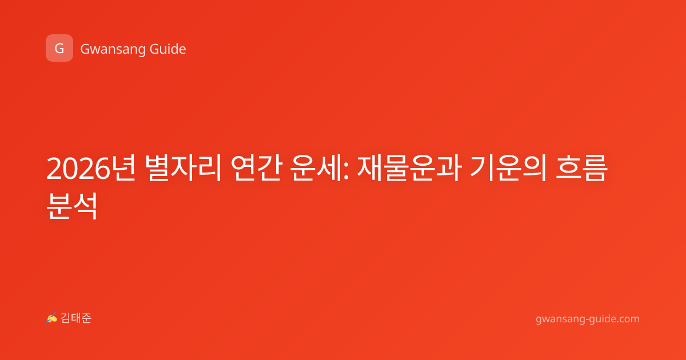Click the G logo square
click(x=59, y=48)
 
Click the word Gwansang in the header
click(x=113, y=50)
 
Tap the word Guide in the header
click(x=168, y=49)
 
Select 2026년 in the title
click(x=91, y=169)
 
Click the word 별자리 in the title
click(x=183, y=169)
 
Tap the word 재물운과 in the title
click(x=409, y=169)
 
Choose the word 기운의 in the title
click(x=508, y=169)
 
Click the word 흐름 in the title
click(x=581, y=169)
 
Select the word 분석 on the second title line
click(x=72, y=206)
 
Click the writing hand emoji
click(x=52, y=318)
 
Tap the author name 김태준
click(x=76, y=318)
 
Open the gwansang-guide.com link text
click(x=588, y=319)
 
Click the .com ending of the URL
click(x=627, y=319)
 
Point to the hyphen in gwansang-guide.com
click(x=586, y=319)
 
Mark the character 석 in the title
click(x=85, y=206)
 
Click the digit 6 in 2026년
click(x=102, y=169)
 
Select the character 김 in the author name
click(x=66, y=318)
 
